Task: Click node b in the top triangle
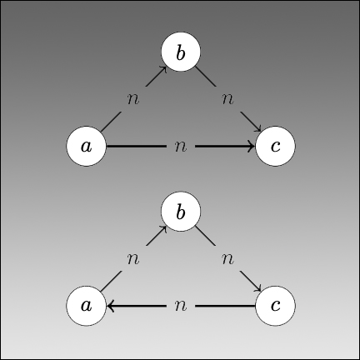point(181,52)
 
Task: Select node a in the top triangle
point(87,146)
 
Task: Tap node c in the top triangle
point(275,146)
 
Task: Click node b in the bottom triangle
point(181,211)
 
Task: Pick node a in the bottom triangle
point(87,306)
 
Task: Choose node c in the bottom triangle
point(275,306)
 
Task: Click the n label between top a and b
point(133,99)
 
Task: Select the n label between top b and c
point(228,99)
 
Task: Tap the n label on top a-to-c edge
point(181,147)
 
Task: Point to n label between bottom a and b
point(133,259)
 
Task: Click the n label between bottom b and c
point(228,259)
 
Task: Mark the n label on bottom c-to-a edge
point(181,306)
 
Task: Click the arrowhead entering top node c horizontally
point(252,146)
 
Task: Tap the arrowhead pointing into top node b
point(163,69)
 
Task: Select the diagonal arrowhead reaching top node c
point(257,128)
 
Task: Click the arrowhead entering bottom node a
point(110,306)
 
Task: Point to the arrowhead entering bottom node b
point(163,229)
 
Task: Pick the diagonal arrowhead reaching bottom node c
point(257,288)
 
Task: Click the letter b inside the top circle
point(181,52)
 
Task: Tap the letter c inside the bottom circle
point(275,306)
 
